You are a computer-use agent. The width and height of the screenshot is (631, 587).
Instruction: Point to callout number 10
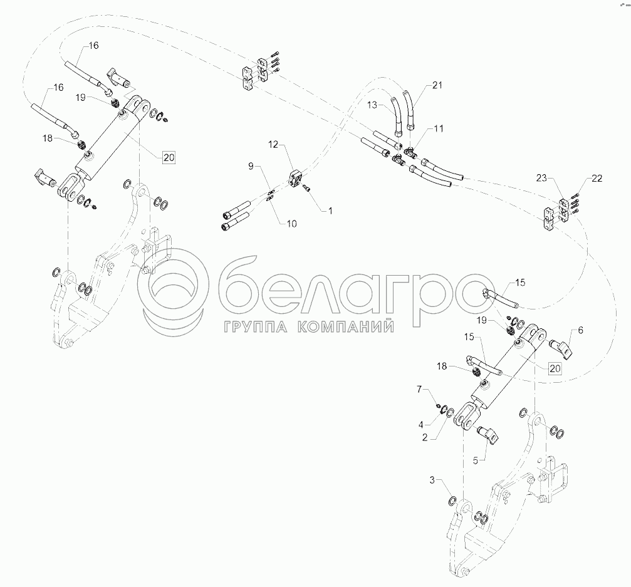point(293,222)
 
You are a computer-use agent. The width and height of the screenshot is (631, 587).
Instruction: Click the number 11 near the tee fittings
point(438,128)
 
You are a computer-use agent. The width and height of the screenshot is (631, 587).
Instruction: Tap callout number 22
point(596,179)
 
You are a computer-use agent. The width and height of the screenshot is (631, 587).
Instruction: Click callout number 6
point(580,328)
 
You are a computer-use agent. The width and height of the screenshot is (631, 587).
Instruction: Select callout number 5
point(475,460)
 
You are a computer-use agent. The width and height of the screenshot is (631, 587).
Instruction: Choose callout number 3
point(431,481)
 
